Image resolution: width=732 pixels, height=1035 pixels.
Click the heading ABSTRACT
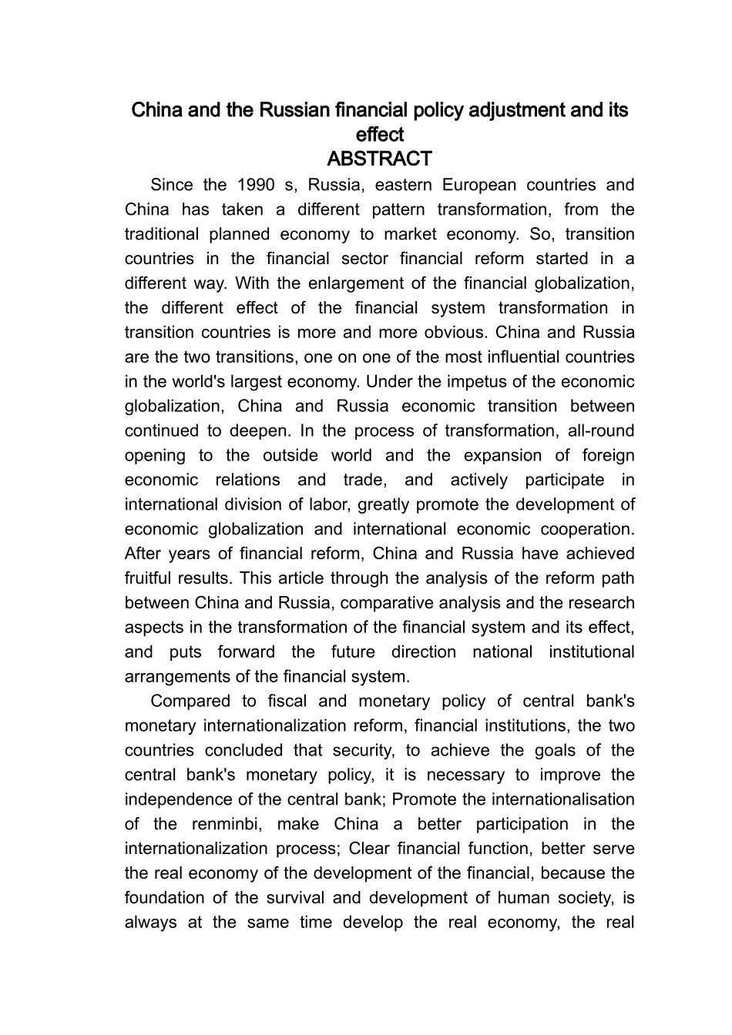[379, 159]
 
